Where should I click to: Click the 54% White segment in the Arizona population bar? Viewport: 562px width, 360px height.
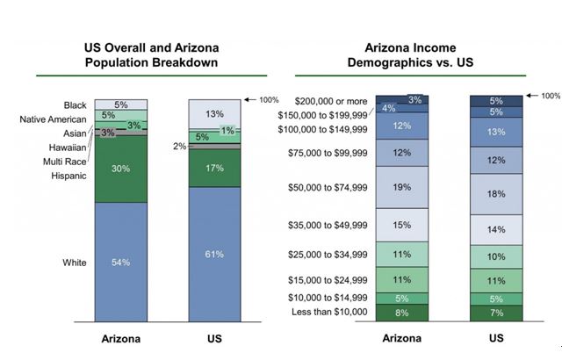[x=120, y=263]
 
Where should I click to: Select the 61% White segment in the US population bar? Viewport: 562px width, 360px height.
[x=214, y=255]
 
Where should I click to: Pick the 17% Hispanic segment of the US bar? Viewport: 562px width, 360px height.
[x=214, y=167]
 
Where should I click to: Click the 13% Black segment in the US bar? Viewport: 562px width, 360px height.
[x=214, y=113]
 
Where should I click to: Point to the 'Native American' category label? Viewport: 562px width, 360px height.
[x=55, y=119]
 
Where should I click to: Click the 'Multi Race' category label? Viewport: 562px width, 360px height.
[x=63, y=162]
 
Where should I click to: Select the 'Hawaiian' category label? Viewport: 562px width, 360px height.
[x=66, y=148]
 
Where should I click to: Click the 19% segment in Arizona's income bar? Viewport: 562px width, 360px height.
[x=402, y=187]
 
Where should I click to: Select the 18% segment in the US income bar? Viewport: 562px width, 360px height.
[x=496, y=193]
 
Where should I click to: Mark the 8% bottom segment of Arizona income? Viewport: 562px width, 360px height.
[x=402, y=312]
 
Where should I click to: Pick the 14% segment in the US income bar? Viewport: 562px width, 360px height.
[x=496, y=228]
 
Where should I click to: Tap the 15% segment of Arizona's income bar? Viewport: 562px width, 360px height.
[x=402, y=225]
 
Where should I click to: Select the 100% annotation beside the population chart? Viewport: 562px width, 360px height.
[x=268, y=99]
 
